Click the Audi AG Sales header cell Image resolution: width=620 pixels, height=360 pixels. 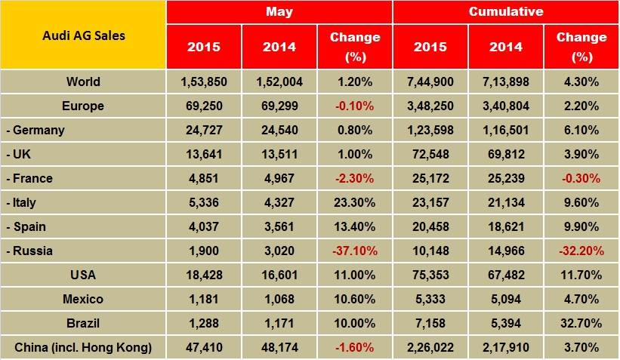82,35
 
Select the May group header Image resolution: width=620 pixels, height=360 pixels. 279,12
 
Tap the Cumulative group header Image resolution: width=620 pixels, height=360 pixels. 505,12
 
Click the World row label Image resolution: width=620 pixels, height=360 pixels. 82,82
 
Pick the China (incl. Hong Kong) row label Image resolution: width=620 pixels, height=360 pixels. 82,347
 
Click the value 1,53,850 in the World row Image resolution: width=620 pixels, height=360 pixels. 204,82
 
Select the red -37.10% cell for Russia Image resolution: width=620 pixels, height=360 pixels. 354,251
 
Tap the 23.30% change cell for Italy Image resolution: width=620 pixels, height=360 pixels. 354,202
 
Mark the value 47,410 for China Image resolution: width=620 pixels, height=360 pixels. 204,347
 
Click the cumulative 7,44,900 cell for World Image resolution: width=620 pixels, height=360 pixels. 430,82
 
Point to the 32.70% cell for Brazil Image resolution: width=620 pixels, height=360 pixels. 581,323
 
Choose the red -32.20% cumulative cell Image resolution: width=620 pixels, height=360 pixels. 581,251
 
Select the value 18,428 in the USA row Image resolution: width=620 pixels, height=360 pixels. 204,275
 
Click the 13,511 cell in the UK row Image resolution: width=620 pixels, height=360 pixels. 279,154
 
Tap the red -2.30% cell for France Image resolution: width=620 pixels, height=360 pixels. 354,178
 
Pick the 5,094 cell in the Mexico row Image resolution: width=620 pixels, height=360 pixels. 505,299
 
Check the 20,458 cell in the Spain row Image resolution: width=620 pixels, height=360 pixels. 430,226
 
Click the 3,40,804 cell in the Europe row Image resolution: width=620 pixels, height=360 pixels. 505,106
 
